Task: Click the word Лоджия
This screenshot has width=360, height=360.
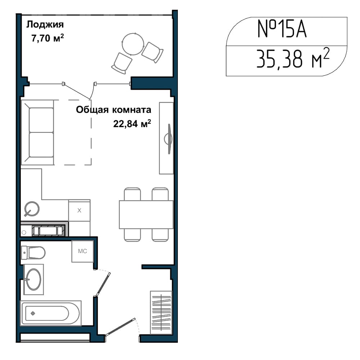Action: pyautogui.click(x=45, y=24)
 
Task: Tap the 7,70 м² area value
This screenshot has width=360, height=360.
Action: pyautogui.click(x=48, y=38)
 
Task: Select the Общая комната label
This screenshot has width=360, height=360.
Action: pyautogui.click(x=113, y=110)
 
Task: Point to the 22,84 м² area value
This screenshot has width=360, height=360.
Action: pyautogui.click(x=132, y=123)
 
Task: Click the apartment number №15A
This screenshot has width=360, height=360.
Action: pyautogui.click(x=282, y=29)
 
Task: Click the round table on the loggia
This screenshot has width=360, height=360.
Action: pyautogui.click(x=133, y=44)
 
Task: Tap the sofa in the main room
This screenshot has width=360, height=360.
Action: pyautogui.click(x=37, y=132)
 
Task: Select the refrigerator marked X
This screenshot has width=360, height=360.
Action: pyautogui.click(x=79, y=210)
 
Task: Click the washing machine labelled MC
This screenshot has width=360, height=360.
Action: pyautogui.click(x=83, y=251)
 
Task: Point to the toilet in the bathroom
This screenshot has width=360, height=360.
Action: pyautogui.click(x=33, y=253)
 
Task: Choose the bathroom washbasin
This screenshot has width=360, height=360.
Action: pyautogui.click(x=33, y=279)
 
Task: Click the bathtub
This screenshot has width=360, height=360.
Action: pyautogui.click(x=51, y=313)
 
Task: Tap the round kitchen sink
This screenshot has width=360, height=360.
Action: pyautogui.click(x=32, y=209)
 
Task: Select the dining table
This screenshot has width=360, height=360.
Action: pyautogui.click(x=146, y=215)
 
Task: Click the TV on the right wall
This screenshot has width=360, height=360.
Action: pyautogui.click(x=169, y=139)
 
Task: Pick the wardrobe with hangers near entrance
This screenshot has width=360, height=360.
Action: pyautogui.click(x=161, y=312)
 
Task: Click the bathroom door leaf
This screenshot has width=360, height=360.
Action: pyautogui.click(x=103, y=284)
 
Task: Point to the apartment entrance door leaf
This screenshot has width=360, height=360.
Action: pyautogui.click(x=120, y=327)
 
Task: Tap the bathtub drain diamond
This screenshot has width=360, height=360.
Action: pyautogui.click(x=33, y=313)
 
